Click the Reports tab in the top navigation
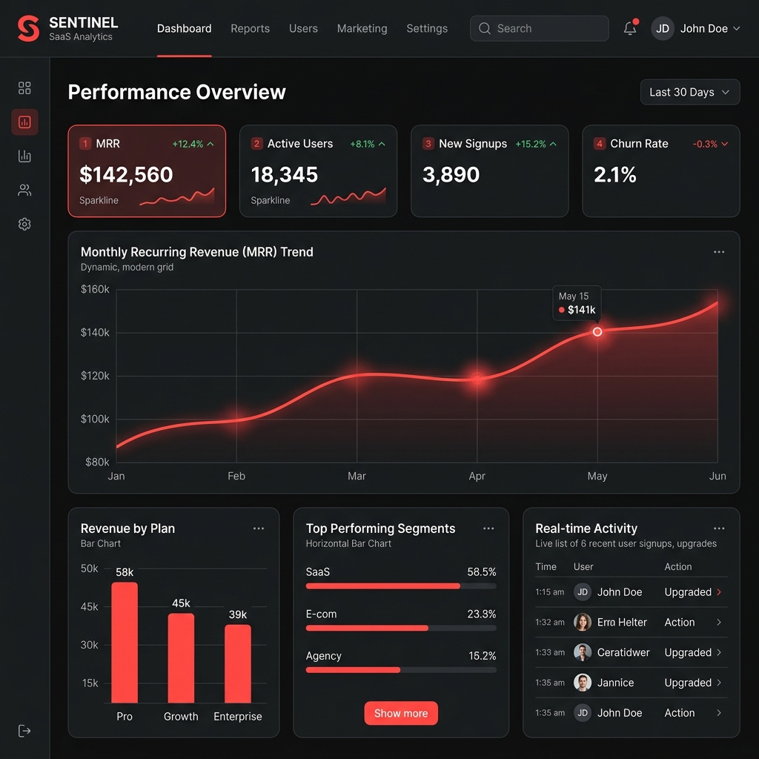pos(250,29)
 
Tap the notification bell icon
pos(630,29)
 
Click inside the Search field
pos(539,29)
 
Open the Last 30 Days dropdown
pos(689,93)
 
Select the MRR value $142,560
pos(126,175)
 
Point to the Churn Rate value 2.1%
pos(614,175)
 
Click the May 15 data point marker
pos(597,332)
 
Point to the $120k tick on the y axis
pos(95,376)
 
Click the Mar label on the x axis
pos(357,476)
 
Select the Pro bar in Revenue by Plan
pos(125,642)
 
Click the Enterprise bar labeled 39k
pos(238,663)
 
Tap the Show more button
pos(401,713)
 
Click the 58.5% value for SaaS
pos(481,572)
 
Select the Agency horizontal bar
pos(354,670)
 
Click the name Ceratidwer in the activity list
pos(623,652)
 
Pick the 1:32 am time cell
pos(549,623)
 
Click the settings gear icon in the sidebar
pos(24,224)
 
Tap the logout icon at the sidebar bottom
pos(24,731)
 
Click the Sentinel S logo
pos(28,29)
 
